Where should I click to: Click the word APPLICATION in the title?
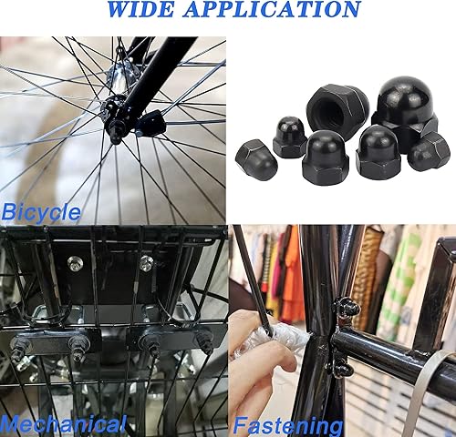(x=273, y=9)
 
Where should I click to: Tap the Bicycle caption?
(x=41, y=212)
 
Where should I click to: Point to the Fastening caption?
(x=288, y=425)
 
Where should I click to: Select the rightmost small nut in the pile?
(x=429, y=152)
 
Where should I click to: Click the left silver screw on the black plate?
(x=74, y=263)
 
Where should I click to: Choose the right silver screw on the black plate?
(x=147, y=263)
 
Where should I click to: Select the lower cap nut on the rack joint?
(x=341, y=366)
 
